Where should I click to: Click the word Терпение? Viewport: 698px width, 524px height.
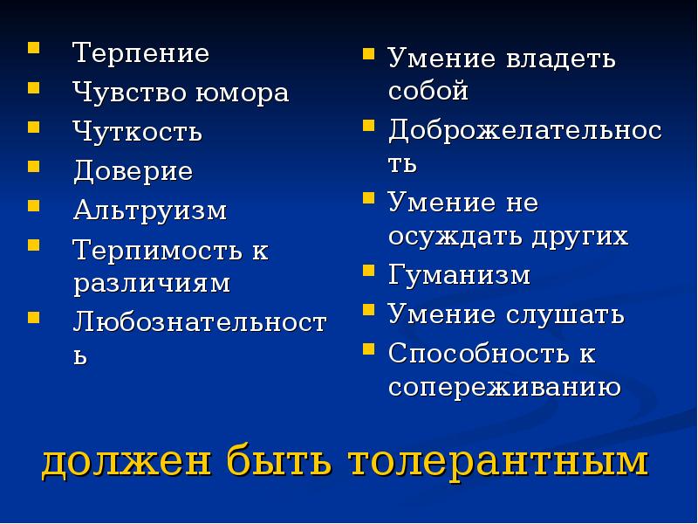coord(140,53)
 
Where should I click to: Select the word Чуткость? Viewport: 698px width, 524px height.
coord(137,132)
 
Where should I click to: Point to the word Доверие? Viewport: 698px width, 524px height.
coord(133,171)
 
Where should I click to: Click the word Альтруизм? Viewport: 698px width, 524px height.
coord(149,210)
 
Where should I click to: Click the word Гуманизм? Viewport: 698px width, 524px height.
coord(459,275)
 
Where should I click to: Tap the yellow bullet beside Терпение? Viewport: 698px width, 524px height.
coord(33,49)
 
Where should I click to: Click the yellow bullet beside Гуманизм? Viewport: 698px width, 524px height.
coord(369,272)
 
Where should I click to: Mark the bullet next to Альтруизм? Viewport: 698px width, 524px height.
coord(33,206)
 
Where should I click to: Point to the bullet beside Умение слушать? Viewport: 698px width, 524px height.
coord(369,310)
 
